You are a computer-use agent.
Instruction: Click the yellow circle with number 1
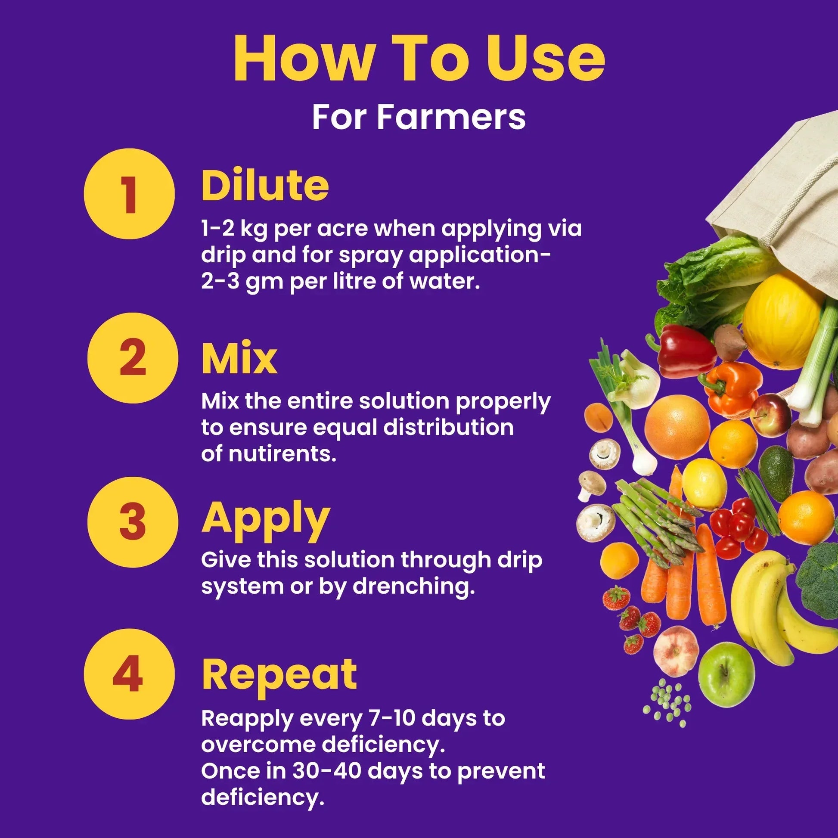tap(129, 193)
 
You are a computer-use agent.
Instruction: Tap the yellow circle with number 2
tap(132, 358)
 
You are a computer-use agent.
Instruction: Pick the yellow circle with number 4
tap(129, 674)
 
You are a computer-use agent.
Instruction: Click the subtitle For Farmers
tap(419, 117)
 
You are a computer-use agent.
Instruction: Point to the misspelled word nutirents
tap(282, 454)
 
